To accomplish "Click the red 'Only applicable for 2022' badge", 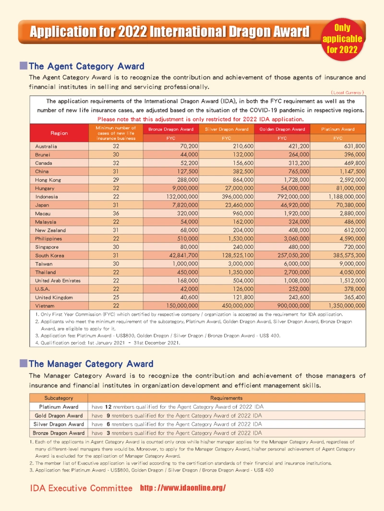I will pyautogui.click(x=343, y=38).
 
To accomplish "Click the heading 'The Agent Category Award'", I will pyautogui.click(x=86, y=66).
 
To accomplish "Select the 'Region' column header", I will pyautogui.click(x=59, y=133).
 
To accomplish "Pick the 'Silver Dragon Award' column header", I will pyautogui.click(x=227, y=129).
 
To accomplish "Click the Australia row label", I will pyautogui.click(x=46, y=146).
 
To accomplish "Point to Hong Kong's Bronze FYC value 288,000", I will pyautogui.click(x=185, y=179).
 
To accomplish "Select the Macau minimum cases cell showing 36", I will pyautogui.click(x=116, y=213).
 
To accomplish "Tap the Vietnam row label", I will pyautogui.click(x=45, y=305).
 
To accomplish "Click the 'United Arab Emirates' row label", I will pyautogui.click(x=58, y=280).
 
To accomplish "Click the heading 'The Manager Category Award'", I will pyautogui.click(x=91, y=364).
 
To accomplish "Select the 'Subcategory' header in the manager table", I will pyautogui.click(x=59, y=398).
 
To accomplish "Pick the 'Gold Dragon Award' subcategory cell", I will pyautogui.click(x=59, y=415).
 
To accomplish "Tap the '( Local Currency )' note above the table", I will pyautogui.click(x=348, y=92).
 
